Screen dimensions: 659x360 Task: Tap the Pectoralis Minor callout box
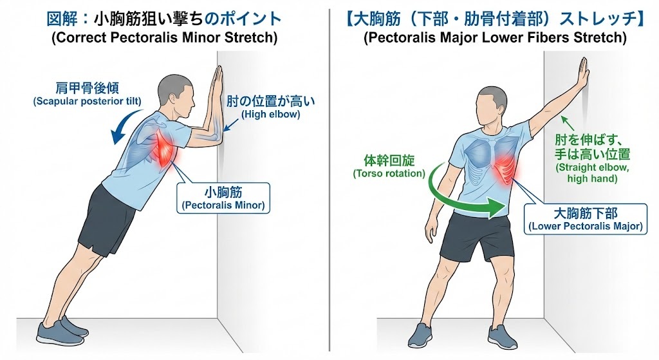pyautogui.click(x=223, y=198)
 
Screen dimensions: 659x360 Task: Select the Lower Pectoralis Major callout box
pyautogui.click(x=586, y=219)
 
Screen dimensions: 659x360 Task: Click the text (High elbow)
pyautogui.click(x=271, y=115)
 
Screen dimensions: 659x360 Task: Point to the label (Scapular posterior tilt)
pyautogui.click(x=87, y=101)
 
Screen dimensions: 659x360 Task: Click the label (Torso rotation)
pyautogui.click(x=389, y=173)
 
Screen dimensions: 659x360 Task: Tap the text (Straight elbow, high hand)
pyautogui.click(x=592, y=173)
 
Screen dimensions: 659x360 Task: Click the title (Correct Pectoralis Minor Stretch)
pyautogui.click(x=164, y=37)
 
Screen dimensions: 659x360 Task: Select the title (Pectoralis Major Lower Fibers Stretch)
pyautogui.click(x=495, y=37)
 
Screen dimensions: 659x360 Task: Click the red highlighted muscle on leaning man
pyautogui.click(x=166, y=149)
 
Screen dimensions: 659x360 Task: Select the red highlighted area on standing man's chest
pyautogui.click(x=507, y=168)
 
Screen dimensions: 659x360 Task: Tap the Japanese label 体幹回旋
pyautogui.click(x=389, y=160)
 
